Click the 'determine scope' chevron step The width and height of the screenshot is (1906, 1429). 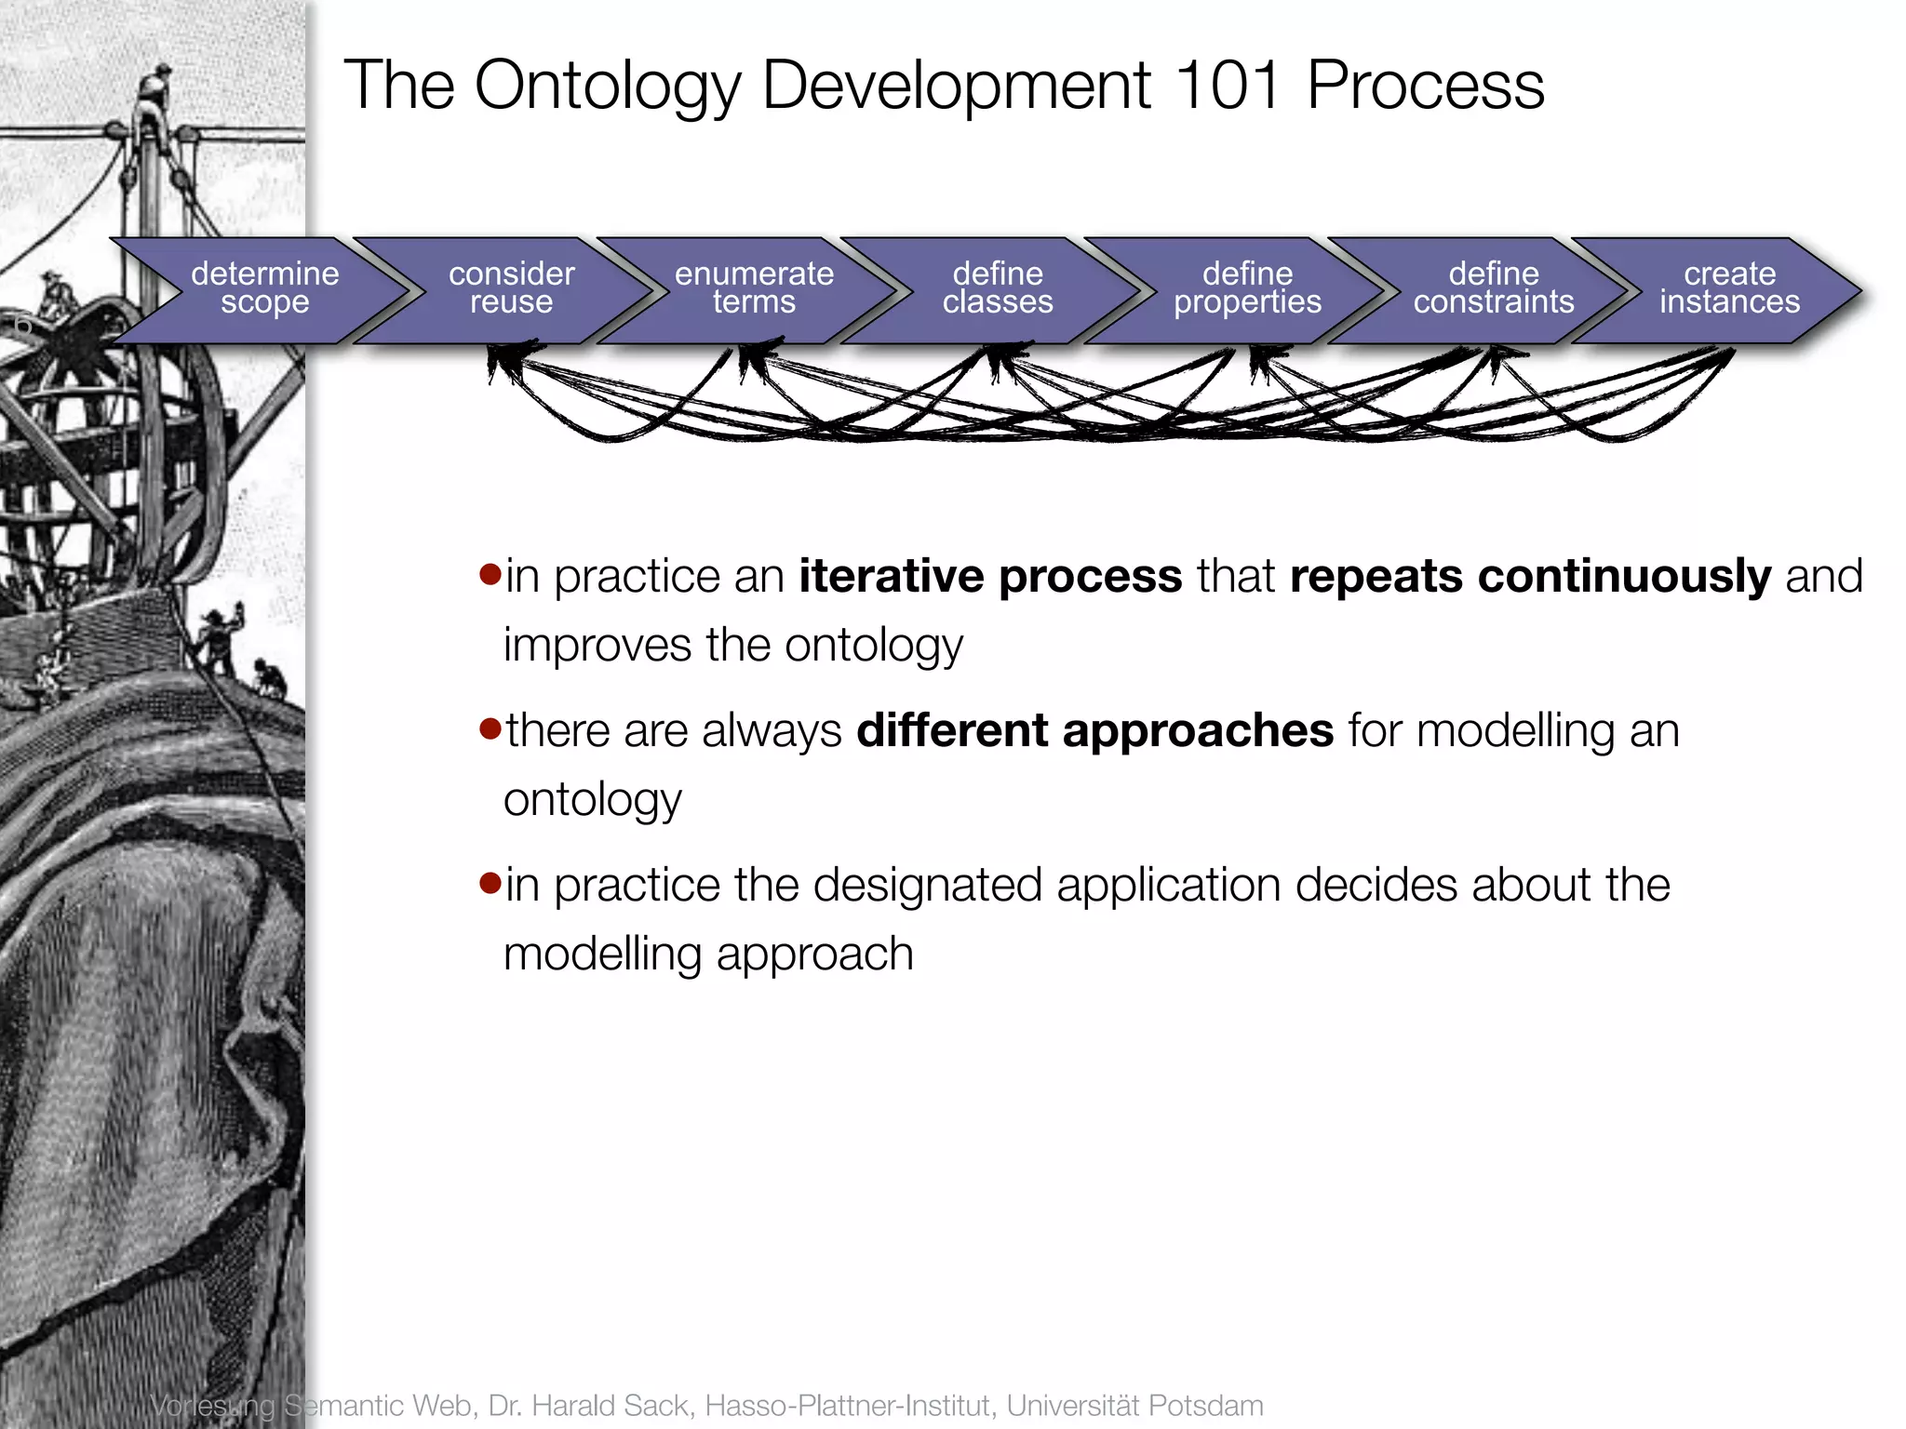(264, 288)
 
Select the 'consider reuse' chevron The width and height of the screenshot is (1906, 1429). (511, 288)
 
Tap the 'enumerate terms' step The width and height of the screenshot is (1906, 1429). (754, 288)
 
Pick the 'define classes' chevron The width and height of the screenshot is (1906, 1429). (998, 288)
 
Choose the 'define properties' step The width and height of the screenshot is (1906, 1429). (1247, 288)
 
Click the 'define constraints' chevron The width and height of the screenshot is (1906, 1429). (1493, 288)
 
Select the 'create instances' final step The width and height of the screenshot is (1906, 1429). (1729, 288)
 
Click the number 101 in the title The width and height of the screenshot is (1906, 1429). (1228, 86)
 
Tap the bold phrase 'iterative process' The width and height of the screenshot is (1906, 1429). (990, 576)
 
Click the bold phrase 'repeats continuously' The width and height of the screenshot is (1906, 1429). (1530, 576)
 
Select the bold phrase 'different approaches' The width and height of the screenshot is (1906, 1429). (1094, 730)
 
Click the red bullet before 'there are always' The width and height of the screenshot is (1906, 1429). (490, 728)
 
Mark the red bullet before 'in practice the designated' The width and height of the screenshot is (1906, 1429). (490, 882)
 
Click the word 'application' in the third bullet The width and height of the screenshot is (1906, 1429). (1169, 885)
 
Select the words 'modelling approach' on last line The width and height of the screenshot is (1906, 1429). (708, 955)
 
